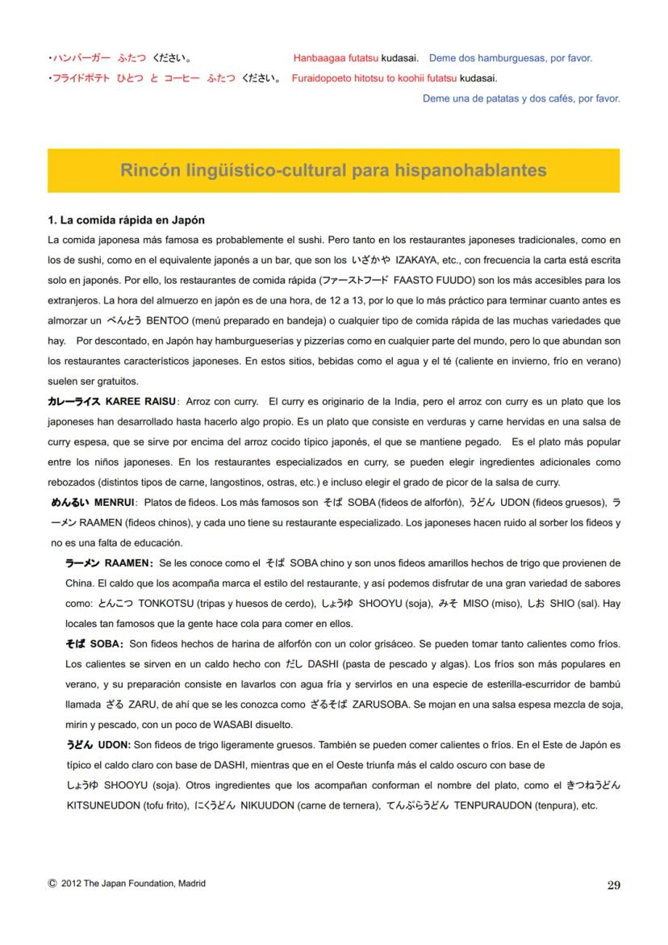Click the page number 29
tap(613, 885)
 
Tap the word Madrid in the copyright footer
tap(190, 884)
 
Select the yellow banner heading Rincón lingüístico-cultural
tap(333, 170)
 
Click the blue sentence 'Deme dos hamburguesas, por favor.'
tap(511, 58)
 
